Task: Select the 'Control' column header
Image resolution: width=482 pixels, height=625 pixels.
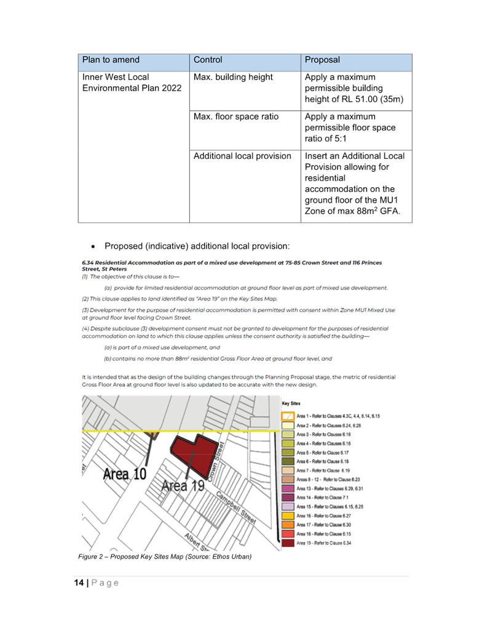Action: [208, 60]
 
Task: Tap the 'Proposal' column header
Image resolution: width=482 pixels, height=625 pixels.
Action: [322, 60]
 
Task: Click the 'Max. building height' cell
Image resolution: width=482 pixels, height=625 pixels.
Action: [233, 78]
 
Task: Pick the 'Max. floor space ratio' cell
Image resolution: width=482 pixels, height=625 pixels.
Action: [235, 117]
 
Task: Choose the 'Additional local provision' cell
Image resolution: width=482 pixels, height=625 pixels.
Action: [242, 156]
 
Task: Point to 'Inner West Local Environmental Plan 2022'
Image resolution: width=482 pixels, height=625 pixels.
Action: [132, 83]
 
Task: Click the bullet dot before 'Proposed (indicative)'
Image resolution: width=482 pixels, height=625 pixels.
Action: [92, 247]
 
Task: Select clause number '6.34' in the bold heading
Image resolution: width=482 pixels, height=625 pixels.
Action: [87, 263]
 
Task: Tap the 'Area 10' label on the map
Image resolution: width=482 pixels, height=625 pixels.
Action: [125, 475]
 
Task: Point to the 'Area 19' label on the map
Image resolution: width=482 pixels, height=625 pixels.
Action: [183, 486]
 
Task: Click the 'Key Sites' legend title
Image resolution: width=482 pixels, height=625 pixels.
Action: [291, 404]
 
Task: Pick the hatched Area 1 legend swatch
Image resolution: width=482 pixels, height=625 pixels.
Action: [288, 416]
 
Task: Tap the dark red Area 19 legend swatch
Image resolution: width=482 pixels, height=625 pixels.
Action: [288, 542]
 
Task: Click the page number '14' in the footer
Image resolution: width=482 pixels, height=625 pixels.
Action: [79, 583]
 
